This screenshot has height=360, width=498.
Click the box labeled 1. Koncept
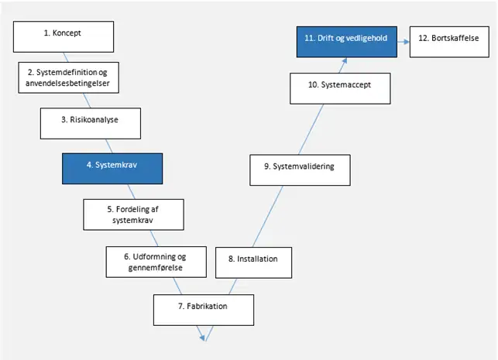click(x=64, y=37)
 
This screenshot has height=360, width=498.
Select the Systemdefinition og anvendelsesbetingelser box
click(x=69, y=77)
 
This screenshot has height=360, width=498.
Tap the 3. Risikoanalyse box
click(x=91, y=124)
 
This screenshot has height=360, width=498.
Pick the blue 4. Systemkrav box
click(x=112, y=169)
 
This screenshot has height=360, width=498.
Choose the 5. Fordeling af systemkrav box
click(x=133, y=214)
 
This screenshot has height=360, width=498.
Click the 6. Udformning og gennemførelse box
click(x=156, y=262)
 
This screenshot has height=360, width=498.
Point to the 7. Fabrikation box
click(x=204, y=310)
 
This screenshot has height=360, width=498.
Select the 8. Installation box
click(x=254, y=263)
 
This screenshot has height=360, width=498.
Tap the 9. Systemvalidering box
click(x=301, y=170)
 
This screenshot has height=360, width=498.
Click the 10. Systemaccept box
click(x=340, y=88)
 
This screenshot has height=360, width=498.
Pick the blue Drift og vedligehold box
click(x=347, y=42)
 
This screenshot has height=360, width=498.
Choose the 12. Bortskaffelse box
click(x=449, y=42)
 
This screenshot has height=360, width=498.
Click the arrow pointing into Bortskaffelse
click(x=404, y=42)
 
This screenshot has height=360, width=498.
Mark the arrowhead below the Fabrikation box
click(x=201, y=338)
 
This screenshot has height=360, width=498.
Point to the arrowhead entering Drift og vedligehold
click(x=344, y=60)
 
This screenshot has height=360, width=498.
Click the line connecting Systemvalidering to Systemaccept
click(x=311, y=129)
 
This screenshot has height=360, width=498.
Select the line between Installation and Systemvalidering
click(x=268, y=217)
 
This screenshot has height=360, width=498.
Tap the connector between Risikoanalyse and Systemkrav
click(x=109, y=146)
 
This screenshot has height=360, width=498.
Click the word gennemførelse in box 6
click(x=156, y=268)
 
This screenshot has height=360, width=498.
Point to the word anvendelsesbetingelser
click(x=67, y=84)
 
